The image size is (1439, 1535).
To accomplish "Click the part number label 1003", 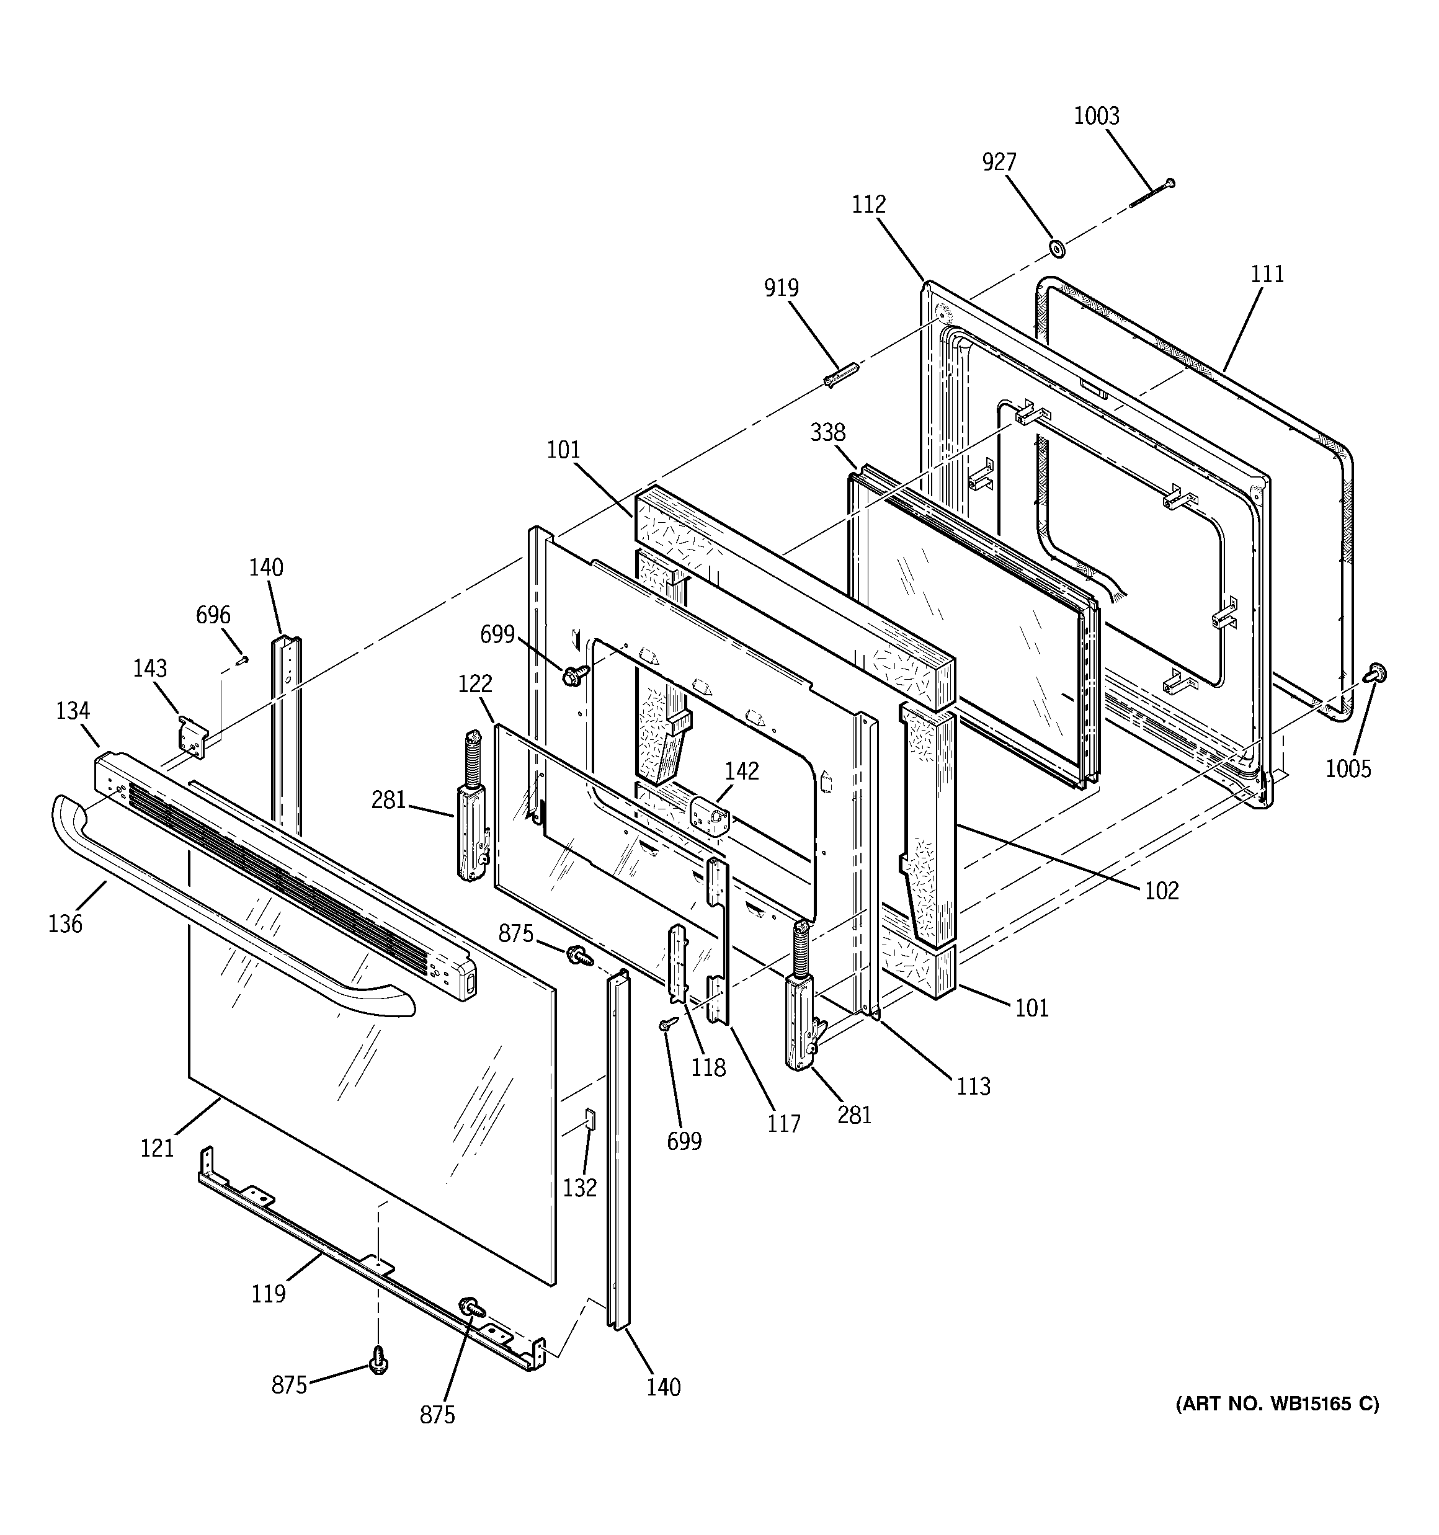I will tap(1096, 116).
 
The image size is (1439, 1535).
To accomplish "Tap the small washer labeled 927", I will tap(1055, 249).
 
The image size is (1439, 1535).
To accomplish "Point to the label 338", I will tap(827, 432).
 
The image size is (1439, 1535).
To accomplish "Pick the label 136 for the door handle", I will tap(65, 923).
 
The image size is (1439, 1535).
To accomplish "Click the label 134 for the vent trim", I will tap(73, 710).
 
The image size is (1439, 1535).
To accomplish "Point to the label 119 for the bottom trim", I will tap(268, 1293).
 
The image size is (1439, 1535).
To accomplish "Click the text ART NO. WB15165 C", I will tap(1276, 1404).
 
